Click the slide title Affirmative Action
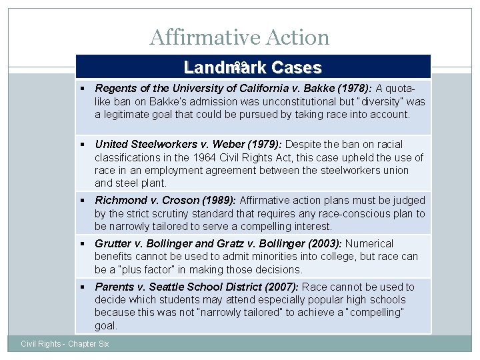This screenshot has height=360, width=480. (x=239, y=37)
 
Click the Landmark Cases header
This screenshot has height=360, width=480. (x=253, y=67)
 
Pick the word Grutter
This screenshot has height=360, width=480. (x=114, y=243)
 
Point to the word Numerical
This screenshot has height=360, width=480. (x=369, y=243)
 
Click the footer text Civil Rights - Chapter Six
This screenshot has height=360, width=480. (x=65, y=343)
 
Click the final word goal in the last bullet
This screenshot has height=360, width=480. (x=106, y=325)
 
